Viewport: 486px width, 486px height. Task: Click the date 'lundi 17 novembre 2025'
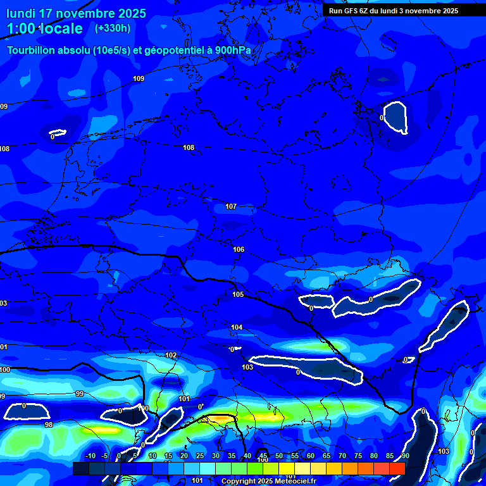(x=76, y=13)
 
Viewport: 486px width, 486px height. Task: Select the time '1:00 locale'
(x=45, y=28)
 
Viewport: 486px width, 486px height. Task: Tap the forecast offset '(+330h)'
(x=112, y=28)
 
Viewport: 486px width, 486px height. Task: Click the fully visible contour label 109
(x=139, y=78)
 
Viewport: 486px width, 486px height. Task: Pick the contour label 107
(x=231, y=207)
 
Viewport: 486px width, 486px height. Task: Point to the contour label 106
(x=239, y=249)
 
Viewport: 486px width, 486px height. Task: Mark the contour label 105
(x=238, y=294)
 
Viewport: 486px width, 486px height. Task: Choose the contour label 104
(x=237, y=327)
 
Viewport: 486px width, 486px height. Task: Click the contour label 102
(x=171, y=355)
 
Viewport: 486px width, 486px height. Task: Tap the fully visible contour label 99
(x=80, y=394)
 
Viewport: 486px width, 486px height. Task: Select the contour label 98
(x=49, y=425)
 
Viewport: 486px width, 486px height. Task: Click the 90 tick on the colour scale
(x=405, y=456)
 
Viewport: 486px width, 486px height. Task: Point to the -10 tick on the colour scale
(x=90, y=456)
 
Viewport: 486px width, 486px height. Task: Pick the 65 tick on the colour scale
(x=326, y=456)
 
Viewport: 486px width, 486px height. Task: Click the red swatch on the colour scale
(x=397, y=468)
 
